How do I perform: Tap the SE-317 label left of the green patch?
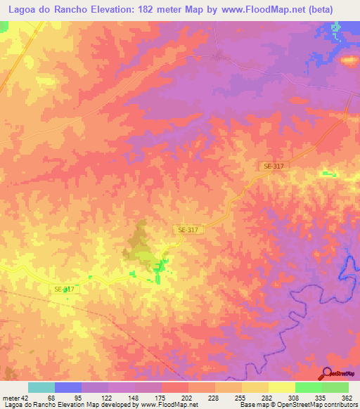pyautogui.click(x=64, y=289)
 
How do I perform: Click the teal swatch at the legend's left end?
pyautogui.click(x=41, y=387)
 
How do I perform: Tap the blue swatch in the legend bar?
pyautogui.click(x=67, y=387)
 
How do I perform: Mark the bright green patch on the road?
pyautogui.click(x=161, y=268)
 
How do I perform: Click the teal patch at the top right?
pyautogui.click(x=335, y=30)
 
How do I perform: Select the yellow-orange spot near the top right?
pyautogui.click(x=349, y=60)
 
